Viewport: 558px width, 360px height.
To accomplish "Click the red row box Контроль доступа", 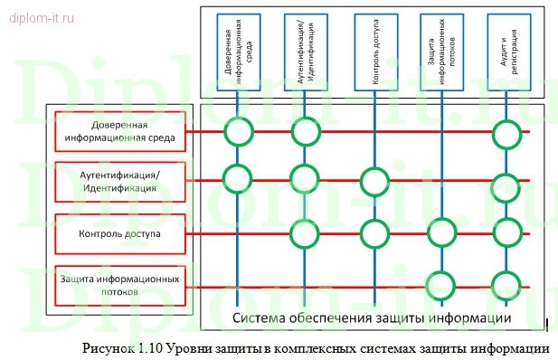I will pyautogui.click(x=120, y=233).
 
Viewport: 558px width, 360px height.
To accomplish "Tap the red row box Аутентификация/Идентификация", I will pyautogui.click(x=120, y=182).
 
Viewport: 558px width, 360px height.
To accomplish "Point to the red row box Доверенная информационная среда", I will pyautogui.click(x=120, y=132).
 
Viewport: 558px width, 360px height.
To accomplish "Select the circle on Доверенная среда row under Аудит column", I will pyautogui.click(x=508, y=133).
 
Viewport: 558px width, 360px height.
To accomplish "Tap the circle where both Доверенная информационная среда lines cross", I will pyautogui.click(x=238, y=133).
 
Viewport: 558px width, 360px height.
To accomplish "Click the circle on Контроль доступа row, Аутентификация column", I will pyautogui.click(x=305, y=233).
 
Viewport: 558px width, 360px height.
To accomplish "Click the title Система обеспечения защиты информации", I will pyautogui.click(x=373, y=317).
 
